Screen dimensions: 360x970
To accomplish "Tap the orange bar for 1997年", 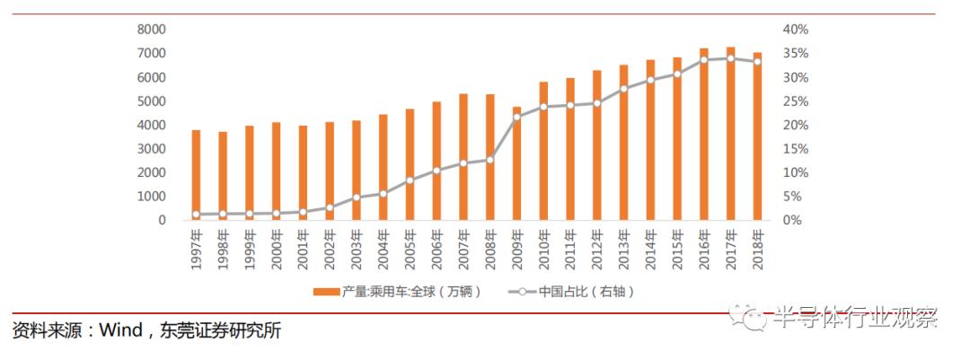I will (x=196, y=175).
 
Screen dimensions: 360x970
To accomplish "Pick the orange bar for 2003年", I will (x=357, y=170).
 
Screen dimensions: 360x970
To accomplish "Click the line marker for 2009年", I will (x=516, y=117).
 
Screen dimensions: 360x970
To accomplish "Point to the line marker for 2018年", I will (x=757, y=61).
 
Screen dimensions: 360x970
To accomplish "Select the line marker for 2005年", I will (x=410, y=180).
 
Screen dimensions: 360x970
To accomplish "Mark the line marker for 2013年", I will (x=623, y=89).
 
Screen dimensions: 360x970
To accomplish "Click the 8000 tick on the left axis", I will (x=151, y=30).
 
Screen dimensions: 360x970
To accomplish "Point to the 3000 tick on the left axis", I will (x=151, y=148).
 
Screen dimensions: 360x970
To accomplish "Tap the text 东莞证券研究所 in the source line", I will (x=221, y=331).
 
